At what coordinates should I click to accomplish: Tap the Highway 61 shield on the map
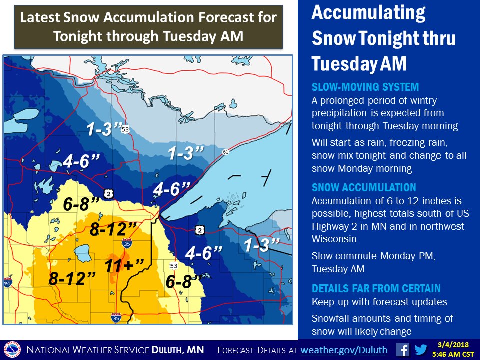(226, 152)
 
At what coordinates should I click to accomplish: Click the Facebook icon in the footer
(402, 349)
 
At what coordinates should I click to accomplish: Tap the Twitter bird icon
(421, 349)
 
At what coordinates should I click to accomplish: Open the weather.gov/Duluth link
(344, 349)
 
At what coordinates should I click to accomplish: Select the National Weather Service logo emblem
(12, 349)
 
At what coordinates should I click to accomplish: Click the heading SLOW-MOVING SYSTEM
(365, 87)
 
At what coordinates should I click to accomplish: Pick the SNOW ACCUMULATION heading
(363, 188)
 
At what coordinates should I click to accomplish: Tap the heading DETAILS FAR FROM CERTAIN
(376, 288)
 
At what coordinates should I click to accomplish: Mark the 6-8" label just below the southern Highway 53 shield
(184, 282)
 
